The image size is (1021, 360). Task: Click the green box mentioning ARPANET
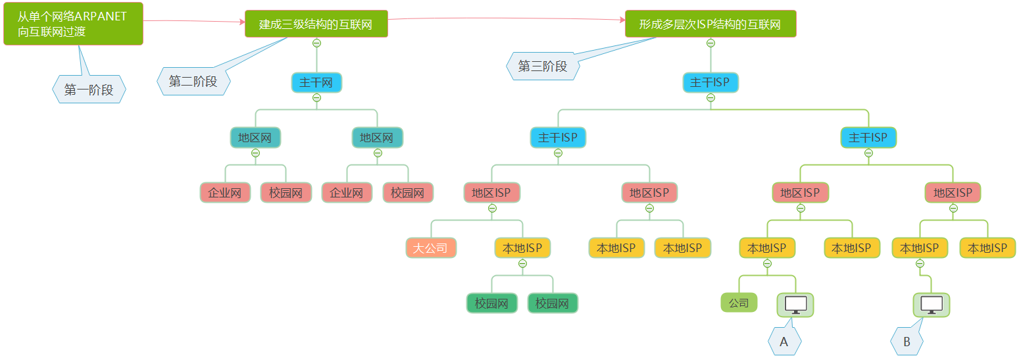tap(73, 24)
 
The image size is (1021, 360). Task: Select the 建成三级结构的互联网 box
tap(316, 24)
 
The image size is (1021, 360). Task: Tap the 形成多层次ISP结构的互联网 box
tap(710, 24)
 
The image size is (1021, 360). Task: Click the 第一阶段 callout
tap(89, 90)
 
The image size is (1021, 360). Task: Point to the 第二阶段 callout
tap(193, 82)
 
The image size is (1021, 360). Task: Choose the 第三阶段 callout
tap(543, 66)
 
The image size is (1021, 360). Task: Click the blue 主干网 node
tap(316, 83)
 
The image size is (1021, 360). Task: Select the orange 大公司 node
tap(430, 248)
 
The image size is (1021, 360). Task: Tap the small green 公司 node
tap(739, 303)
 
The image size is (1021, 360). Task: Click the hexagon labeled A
tap(784, 342)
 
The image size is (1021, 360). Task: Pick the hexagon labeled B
tap(907, 342)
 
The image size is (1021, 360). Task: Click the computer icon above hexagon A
tap(795, 305)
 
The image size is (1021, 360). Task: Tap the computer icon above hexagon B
tap(931, 305)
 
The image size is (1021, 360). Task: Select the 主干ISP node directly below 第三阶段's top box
tap(710, 83)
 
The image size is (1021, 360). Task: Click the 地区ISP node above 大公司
tap(491, 193)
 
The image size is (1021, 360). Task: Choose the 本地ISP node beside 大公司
tap(522, 248)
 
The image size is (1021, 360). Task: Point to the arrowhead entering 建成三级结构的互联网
tap(241, 22)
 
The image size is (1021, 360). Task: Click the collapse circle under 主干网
tap(316, 97)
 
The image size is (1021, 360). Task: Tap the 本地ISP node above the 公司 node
tap(767, 248)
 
